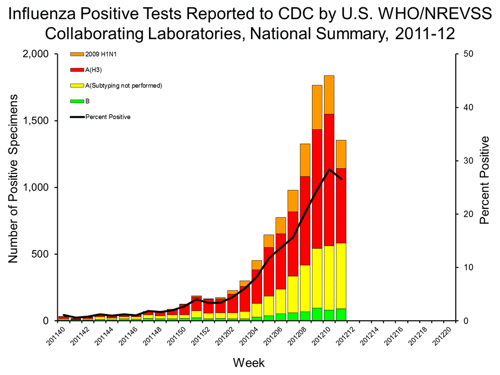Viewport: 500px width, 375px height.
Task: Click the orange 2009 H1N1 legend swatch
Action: tap(77, 54)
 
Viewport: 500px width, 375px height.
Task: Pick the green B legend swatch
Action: tap(77, 101)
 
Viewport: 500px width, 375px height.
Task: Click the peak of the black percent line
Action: tap(329, 169)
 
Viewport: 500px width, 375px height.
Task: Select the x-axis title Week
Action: tap(248, 361)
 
